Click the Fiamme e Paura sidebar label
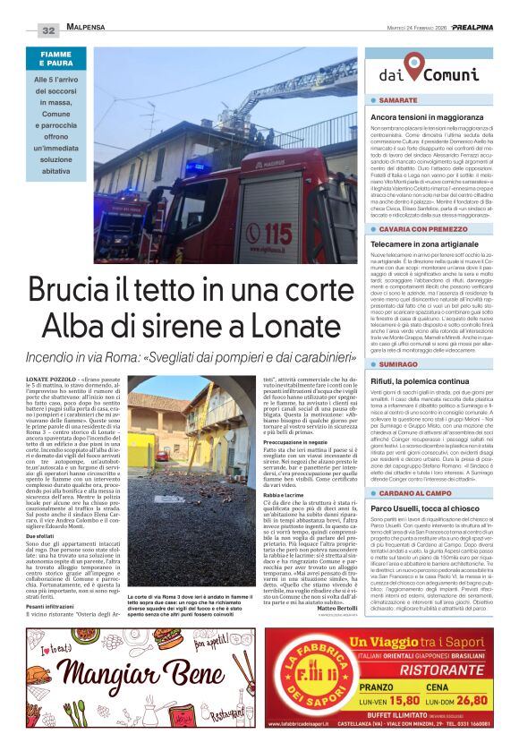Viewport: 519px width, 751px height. point(62,60)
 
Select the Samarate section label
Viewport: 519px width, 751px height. point(398,100)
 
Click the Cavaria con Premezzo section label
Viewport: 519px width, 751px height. point(419,229)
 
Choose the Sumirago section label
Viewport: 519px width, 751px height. point(399,364)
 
